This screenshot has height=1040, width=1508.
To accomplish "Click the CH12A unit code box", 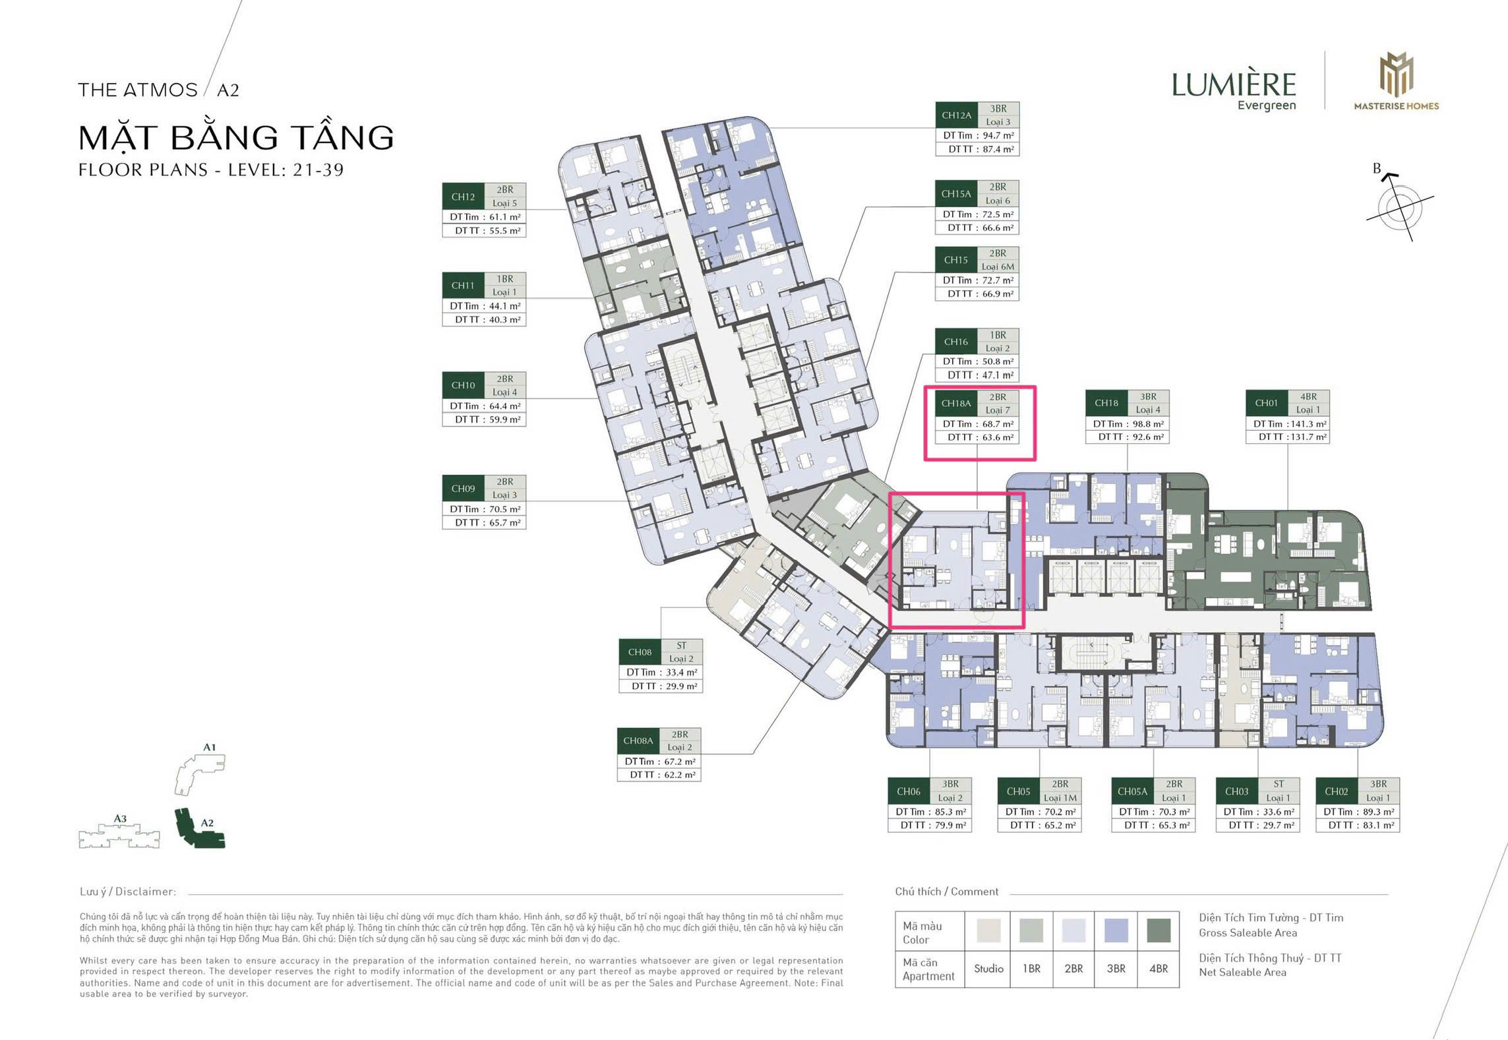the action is click(956, 115).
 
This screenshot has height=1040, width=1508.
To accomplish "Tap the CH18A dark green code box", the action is click(956, 403).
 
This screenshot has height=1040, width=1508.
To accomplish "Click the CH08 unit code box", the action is click(640, 652).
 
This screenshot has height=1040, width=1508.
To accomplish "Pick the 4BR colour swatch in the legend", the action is click(1159, 931).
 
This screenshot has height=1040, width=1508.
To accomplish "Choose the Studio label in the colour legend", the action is click(988, 969).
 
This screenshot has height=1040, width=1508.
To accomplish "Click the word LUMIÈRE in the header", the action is click(1234, 85).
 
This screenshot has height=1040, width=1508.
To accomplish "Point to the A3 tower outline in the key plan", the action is click(119, 835).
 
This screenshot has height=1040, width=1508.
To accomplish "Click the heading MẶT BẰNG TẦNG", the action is click(236, 138).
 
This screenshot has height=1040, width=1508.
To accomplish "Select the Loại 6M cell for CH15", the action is click(998, 266).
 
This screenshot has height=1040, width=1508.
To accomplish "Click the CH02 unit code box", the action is click(1337, 791).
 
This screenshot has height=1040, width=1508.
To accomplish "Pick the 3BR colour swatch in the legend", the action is click(1116, 931).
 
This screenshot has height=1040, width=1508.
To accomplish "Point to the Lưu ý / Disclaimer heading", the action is click(128, 892).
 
